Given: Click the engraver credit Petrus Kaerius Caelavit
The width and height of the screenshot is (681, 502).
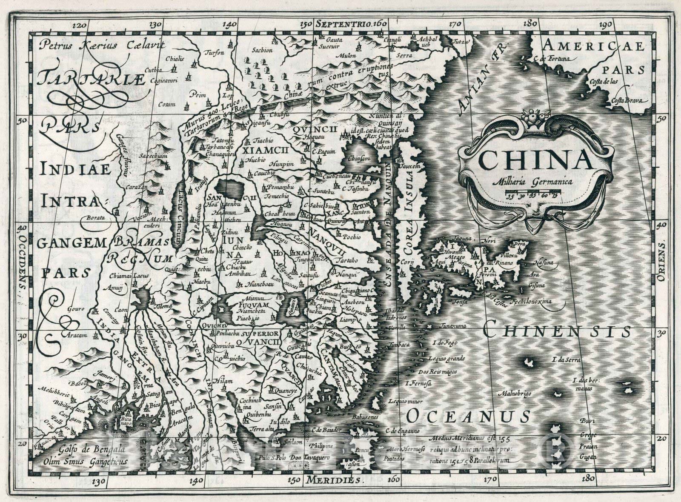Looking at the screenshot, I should pyautogui.click(x=95, y=45).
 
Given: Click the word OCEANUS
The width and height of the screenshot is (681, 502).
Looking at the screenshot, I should pyautogui.click(x=468, y=416).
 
